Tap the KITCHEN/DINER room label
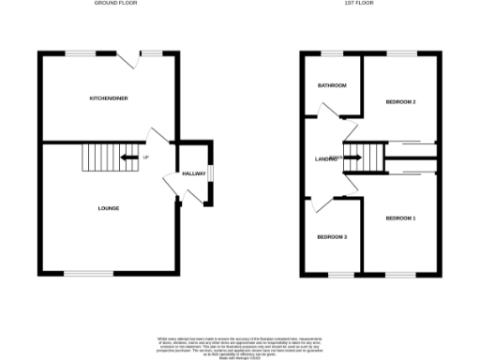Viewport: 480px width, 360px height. pos(109,98)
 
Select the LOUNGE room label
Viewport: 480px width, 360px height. pos(109,207)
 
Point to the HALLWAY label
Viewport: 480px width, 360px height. pos(193,174)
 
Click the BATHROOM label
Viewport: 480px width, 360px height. pos(332,86)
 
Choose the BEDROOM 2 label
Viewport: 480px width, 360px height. pos(400,101)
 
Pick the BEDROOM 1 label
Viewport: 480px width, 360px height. pos(400,218)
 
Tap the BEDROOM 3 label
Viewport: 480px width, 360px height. pos(332,236)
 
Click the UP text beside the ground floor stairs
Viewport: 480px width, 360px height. pos(145,157)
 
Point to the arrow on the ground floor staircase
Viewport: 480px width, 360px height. pos(128,157)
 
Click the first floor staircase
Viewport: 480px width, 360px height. pos(365,158)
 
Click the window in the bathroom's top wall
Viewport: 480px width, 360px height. pos(333,52)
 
